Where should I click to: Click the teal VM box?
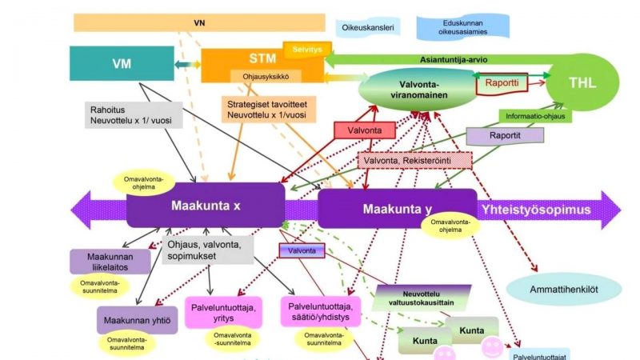point(122,63)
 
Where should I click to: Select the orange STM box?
point(262,66)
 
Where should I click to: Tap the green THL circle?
point(582,82)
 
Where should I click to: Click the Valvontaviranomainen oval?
point(418,90)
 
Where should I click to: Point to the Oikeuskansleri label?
point(368,28)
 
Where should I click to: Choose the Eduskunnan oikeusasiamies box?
point(463,27)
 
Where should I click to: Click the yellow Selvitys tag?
point(307,50)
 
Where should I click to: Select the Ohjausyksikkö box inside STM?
point(266,76)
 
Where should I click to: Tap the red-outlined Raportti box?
point(502,83)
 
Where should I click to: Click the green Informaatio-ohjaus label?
point(535,116)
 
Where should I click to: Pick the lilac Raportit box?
point(505,136)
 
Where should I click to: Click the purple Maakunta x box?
point(206,206)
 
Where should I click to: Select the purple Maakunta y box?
point(397,209)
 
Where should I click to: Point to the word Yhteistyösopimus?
point(536,210)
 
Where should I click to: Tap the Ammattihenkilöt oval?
point(564,290)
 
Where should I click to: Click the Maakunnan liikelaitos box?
point(110,262)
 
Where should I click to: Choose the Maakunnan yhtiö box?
point(137,320)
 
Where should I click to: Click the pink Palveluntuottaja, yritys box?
point(223,313)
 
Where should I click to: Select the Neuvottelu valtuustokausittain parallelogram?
point(422,298)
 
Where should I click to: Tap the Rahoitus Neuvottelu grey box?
point(134,115)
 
